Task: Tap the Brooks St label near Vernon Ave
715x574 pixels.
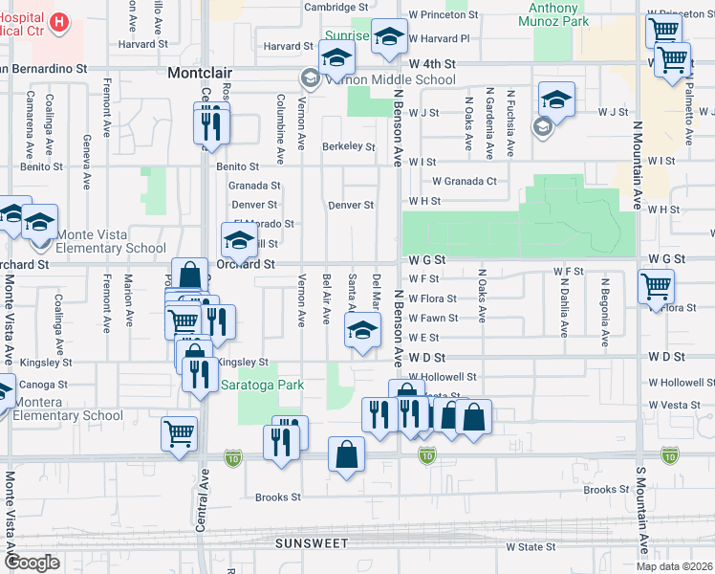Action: (x=278, y=497)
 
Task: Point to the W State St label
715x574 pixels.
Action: (x=531, y=547)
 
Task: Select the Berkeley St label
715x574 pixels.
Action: (x=348, y=146)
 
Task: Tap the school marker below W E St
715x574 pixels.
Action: (x=361, y=332)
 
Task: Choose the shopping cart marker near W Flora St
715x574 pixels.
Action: (x=657, y=284)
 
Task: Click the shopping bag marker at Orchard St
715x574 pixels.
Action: (x=189, y=275)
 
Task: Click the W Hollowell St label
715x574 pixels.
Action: (x=441, y=378)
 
